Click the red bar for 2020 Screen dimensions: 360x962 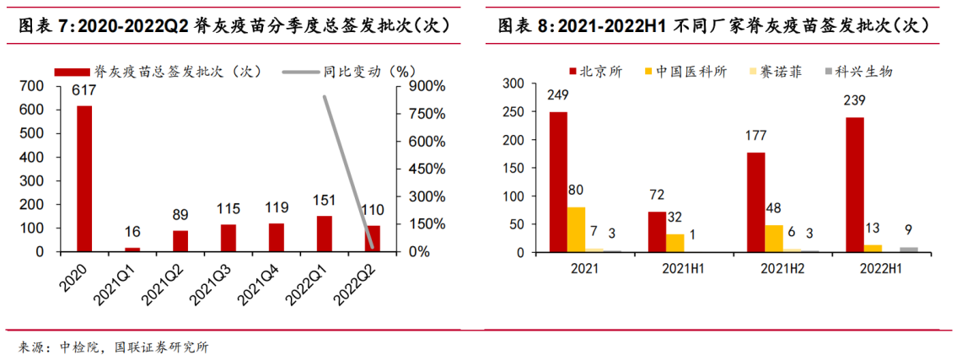83,178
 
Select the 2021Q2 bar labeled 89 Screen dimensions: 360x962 180,241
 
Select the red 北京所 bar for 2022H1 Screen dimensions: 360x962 854,185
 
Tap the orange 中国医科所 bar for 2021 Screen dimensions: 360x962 577,229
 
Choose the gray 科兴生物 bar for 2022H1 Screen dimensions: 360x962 910,250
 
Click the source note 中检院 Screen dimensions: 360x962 80,347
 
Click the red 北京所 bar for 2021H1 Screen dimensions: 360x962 657,232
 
